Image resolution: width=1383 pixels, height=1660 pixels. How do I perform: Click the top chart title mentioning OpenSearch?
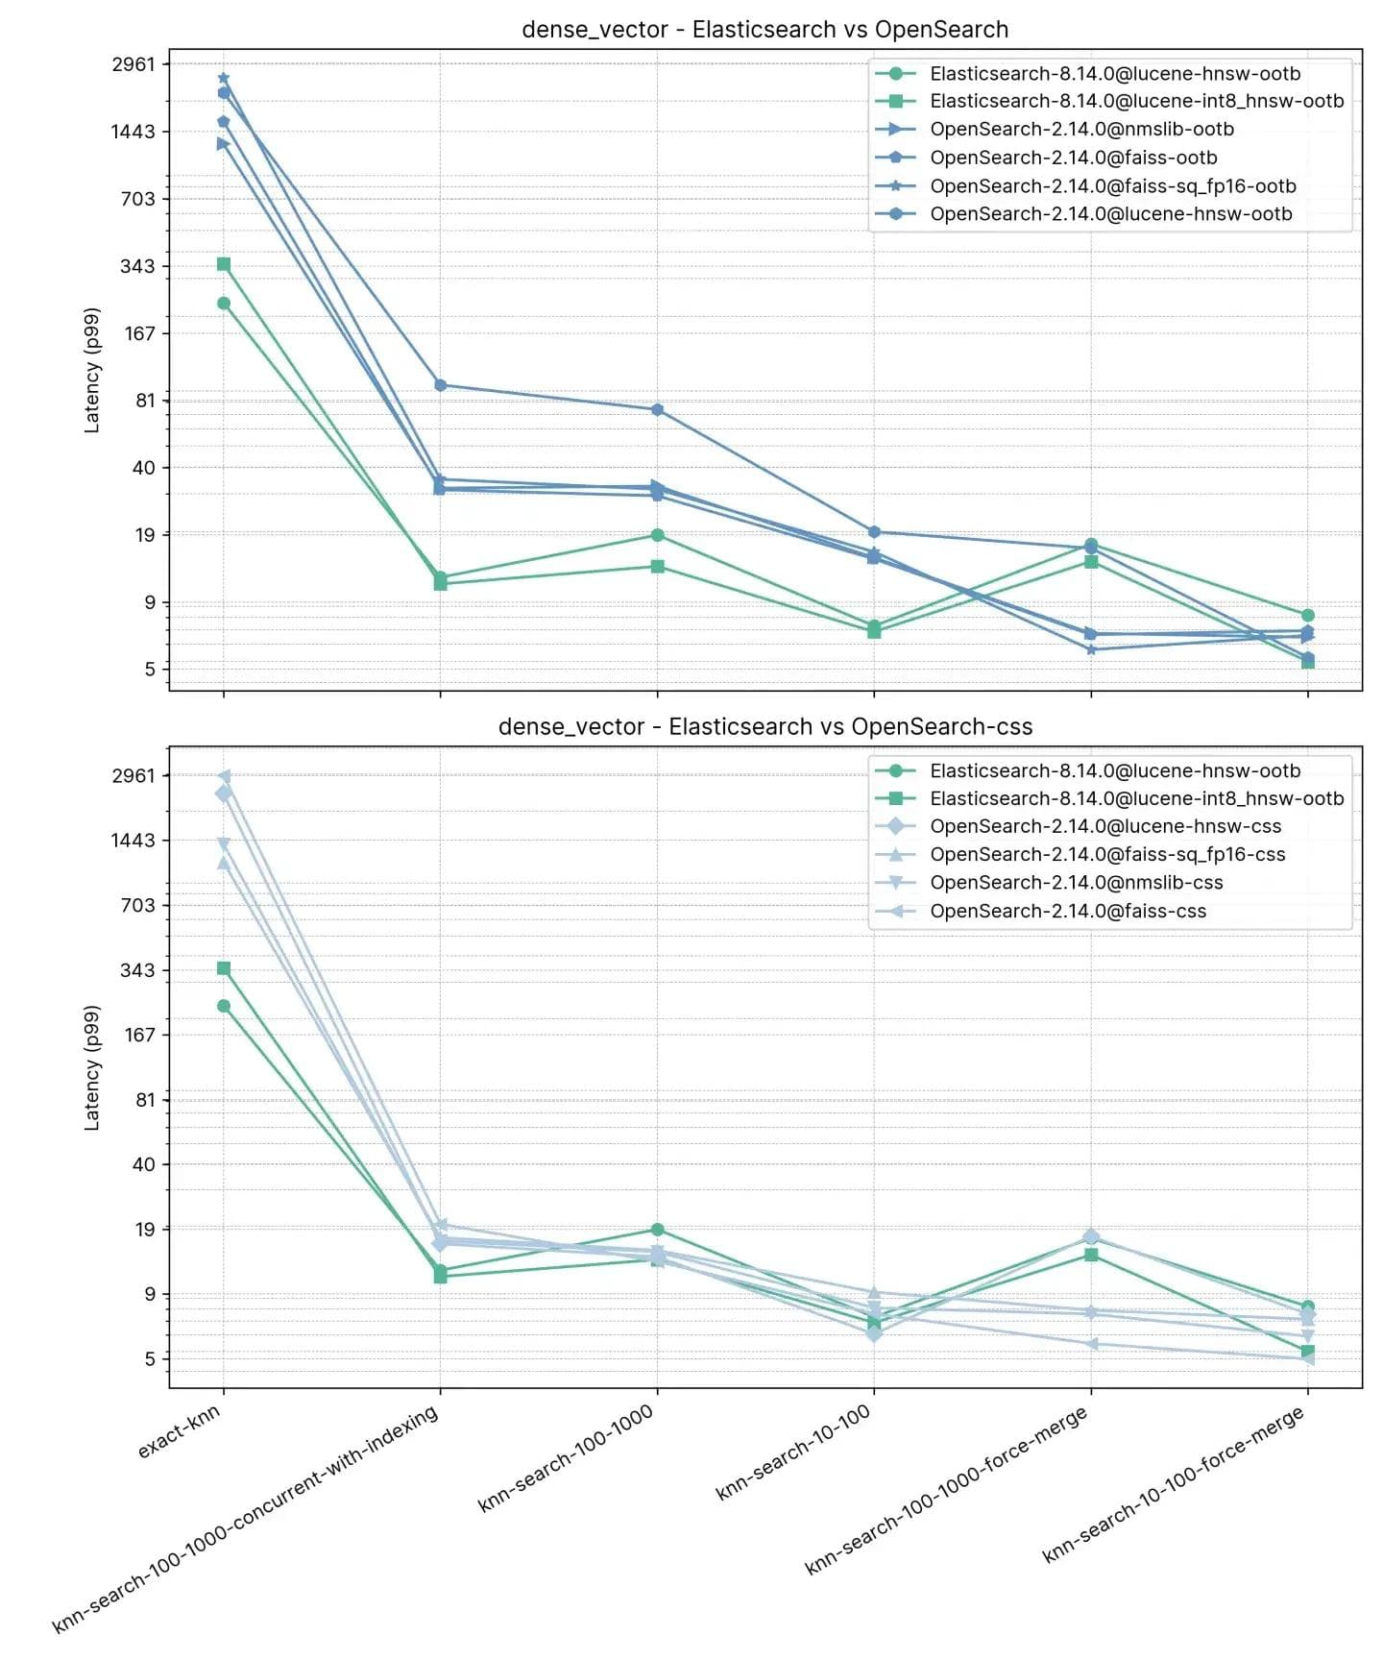pos(764,30)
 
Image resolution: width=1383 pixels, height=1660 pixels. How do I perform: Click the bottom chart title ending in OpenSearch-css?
pos(764,727)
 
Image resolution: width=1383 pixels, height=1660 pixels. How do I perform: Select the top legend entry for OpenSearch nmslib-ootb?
pos(1081,130)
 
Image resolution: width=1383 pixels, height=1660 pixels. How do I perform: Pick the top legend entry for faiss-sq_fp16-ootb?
pos(1112,186)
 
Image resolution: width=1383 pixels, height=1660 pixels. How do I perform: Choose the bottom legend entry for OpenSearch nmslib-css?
pos(1076,883)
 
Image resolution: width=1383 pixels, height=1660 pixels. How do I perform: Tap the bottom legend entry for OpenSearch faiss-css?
pos(1067,912)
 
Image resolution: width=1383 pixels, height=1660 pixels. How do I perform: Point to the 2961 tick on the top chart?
pos(133,64)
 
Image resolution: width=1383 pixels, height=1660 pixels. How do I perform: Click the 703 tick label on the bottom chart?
pos(137,905)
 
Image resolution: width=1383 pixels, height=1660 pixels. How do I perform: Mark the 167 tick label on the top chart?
pos(139,333)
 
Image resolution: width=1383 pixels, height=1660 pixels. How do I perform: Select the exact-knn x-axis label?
pos(180,1431)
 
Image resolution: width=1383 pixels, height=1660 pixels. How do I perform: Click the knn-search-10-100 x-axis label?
pos(793,1452)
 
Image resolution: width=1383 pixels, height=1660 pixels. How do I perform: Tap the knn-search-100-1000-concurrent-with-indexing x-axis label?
pos(246,1519)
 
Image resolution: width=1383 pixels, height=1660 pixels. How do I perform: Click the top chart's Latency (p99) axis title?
pos(92,371)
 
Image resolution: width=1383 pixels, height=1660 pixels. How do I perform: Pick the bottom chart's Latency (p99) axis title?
pos(92,1068)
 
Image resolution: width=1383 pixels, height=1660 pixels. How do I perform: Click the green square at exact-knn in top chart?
pos(224,264)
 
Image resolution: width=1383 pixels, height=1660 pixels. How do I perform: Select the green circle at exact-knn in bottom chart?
pos(224,1006)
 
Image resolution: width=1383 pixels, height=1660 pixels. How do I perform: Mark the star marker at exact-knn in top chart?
pos(224,78)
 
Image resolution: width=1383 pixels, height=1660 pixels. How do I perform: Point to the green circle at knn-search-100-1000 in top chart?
pos(657,535)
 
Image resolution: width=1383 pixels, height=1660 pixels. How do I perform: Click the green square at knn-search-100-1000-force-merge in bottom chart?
pos(1091,1255)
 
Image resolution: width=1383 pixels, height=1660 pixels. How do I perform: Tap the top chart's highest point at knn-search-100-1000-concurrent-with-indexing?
pos(440,385)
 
